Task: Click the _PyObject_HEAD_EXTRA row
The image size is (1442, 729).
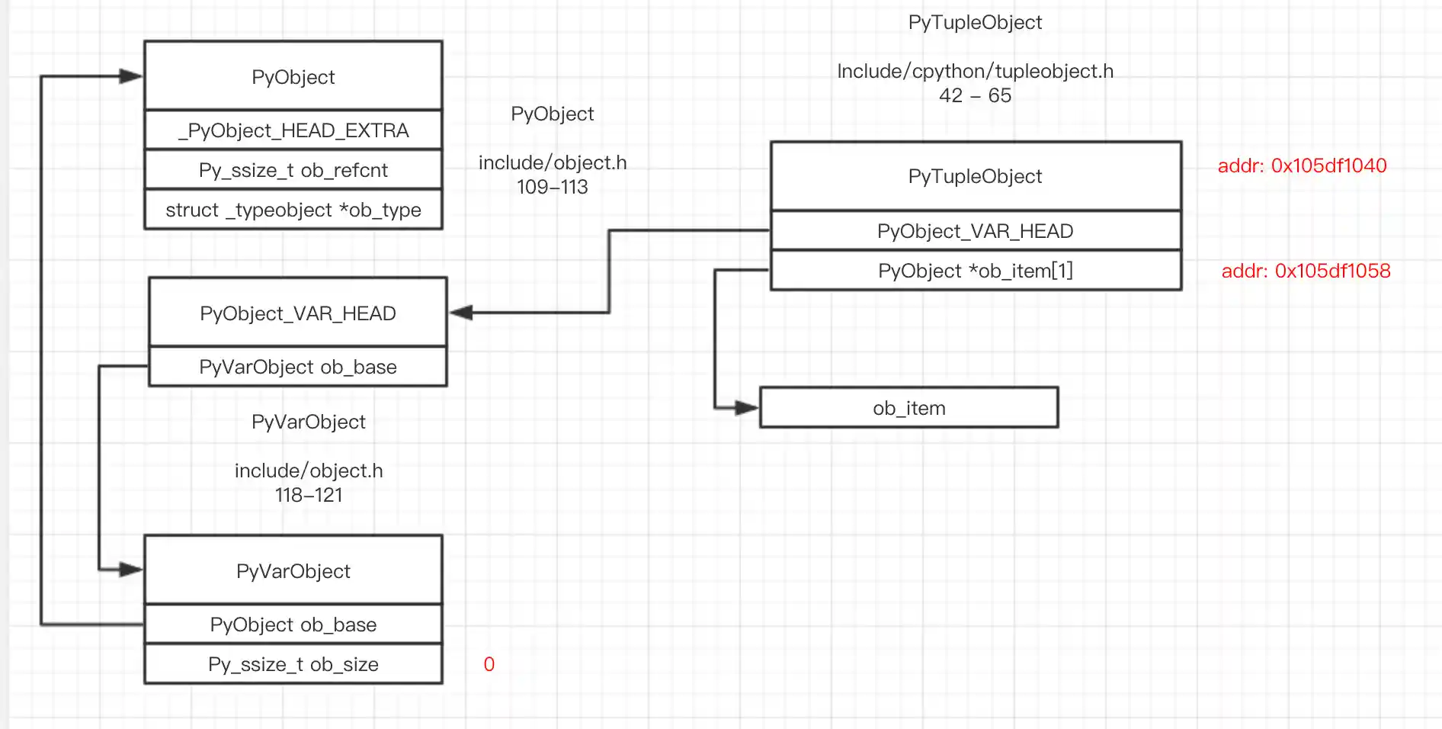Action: click(x=293, y=130)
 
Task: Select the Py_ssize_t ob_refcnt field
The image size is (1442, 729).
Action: click(x=293, y=170)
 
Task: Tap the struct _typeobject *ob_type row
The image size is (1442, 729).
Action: click(x=293, y=210)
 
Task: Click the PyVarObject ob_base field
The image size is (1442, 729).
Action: click(x=297, y=367)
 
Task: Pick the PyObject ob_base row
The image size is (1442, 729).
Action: click(x=293, y=625)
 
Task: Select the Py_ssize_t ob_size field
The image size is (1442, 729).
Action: click(x=293, y=664)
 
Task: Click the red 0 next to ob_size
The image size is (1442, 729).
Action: click(x=489, y=664)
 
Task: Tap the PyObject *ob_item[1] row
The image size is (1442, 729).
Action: click(x=976, y=271)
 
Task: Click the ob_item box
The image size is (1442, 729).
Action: click(x=909, y=408)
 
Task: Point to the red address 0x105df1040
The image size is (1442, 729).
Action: click(x=1302, y=165)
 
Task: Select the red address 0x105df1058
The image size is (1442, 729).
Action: click(x=1306, y=271)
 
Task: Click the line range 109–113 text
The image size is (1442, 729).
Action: click(x=552, y=187)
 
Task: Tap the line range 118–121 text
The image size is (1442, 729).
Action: click(x=309, y=495)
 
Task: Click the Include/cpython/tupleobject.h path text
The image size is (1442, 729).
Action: click(x=975, y=71)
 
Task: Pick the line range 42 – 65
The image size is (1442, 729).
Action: click(x=975, y=95)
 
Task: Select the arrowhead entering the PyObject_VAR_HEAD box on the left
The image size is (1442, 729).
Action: click(x=462, y=313)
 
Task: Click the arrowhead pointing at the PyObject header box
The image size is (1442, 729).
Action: click(x=130, y=76)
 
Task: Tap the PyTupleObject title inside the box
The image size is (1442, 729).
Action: click(x=975, y=176)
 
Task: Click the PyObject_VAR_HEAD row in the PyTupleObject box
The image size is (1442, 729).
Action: click(x=975, y=231)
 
